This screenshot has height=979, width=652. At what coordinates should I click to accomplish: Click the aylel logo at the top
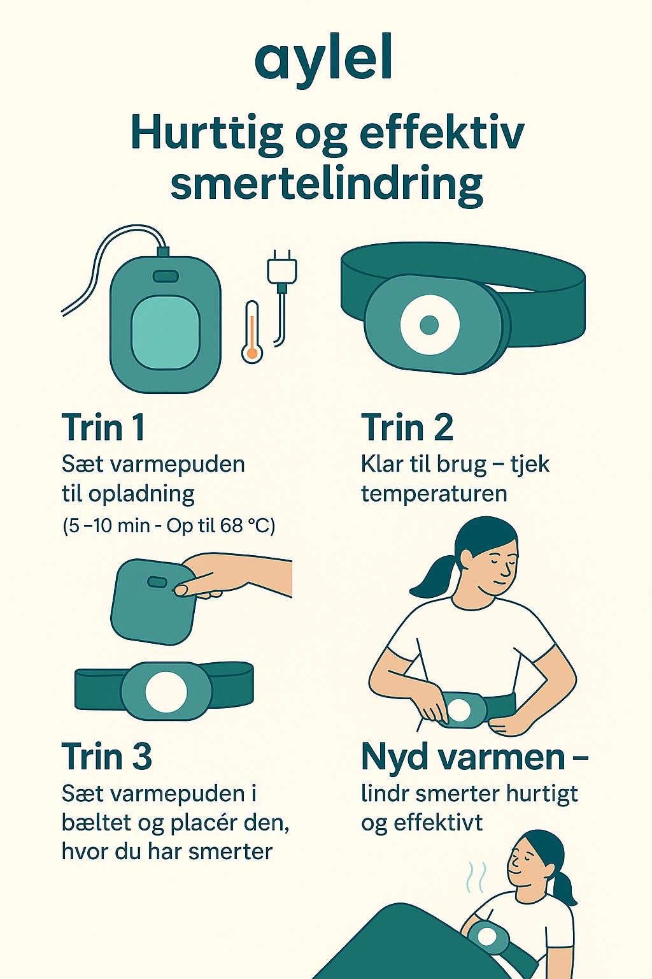[x=323, y=61]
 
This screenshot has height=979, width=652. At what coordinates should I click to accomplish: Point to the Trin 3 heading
[x=106, y=756]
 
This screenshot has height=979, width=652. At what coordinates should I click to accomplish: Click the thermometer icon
[x=252, y=331]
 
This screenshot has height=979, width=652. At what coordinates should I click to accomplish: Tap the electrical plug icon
[x=281, y=297]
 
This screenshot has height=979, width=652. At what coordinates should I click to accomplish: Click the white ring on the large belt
[x=430, y=324]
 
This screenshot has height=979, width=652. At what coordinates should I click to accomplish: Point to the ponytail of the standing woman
[x=432, y=576]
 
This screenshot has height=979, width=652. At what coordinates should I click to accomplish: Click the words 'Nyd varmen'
[x=463, y=757]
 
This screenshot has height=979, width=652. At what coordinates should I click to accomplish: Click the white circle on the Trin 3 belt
[x=166, y=691]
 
